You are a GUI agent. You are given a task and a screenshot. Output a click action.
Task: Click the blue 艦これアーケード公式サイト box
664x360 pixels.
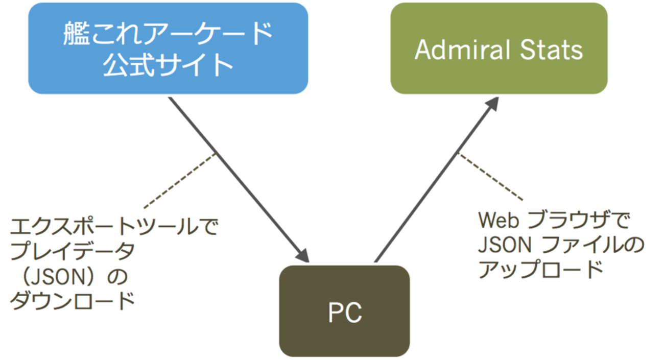tap(168, 48)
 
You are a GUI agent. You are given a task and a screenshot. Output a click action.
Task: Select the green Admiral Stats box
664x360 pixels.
tap(499, 48)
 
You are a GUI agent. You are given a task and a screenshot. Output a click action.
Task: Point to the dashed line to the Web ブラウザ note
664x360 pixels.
tap(490, 176)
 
